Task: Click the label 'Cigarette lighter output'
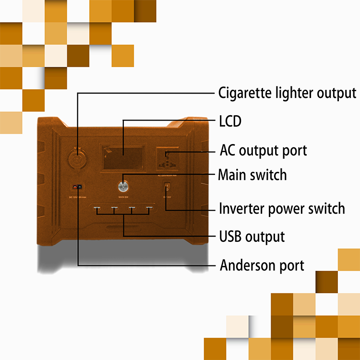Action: pos(287,93)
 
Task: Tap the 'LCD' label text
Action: pos(230,121)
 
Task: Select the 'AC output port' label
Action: pos(263,150)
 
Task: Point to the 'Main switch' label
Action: pos(252,175)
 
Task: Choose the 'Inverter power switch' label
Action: pos(282,209)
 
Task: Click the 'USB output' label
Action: pos(252,237)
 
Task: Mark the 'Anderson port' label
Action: pos(262,265)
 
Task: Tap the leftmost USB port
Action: pos(96,209)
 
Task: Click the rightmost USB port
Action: pos(149,209)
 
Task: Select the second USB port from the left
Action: pos(114,209)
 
